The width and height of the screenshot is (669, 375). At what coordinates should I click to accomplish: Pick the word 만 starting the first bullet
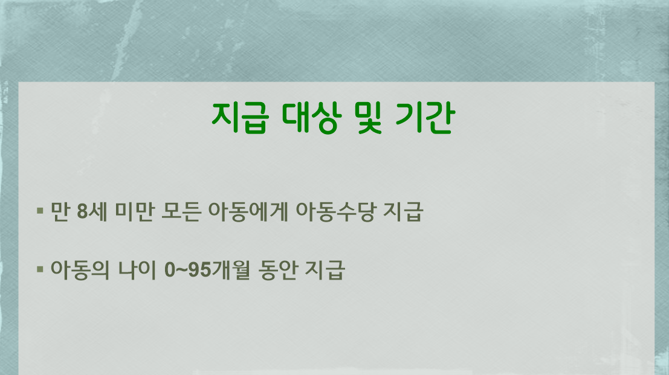pyautogui.click(x=60, y=213)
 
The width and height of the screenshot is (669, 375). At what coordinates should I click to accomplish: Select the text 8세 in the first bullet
pyautogui.click(x=88, y=213)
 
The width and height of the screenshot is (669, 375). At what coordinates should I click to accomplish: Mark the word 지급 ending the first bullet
pyautogui.click(x=402, y=213)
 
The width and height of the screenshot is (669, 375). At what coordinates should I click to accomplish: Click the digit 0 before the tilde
pyautogui.click(x=170, y=269)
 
